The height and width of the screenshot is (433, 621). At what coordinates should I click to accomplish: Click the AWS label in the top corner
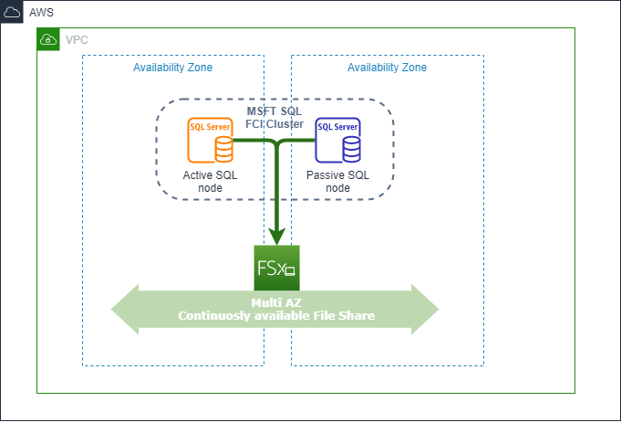(41, 13)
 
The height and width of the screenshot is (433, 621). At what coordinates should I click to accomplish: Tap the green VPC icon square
(48, 39)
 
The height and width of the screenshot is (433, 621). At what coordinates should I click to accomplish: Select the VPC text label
(77, 40)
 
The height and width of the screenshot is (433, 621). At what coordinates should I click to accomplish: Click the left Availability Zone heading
(173, 68)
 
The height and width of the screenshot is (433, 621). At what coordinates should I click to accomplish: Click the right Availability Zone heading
(387, 68)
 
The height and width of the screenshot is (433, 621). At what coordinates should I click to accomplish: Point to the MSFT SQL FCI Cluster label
(274, 117)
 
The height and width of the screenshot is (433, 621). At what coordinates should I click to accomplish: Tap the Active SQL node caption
(210, 181)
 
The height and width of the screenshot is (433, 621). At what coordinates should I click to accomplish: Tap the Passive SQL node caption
(337, 181)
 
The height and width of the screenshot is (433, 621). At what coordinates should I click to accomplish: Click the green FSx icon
(276, 268)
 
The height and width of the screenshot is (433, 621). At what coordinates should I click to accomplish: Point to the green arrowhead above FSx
(276, 237)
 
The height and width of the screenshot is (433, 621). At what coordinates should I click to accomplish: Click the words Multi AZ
(275, 302)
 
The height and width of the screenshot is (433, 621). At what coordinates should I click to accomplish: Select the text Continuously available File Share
(275, 316)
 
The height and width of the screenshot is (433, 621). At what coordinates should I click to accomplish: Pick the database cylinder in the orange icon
(222, 147)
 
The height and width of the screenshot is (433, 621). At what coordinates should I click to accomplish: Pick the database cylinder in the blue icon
(349, 147)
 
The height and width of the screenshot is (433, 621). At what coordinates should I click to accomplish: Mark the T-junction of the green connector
(276, 143)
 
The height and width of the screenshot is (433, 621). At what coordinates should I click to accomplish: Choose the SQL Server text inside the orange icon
(204, 127)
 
